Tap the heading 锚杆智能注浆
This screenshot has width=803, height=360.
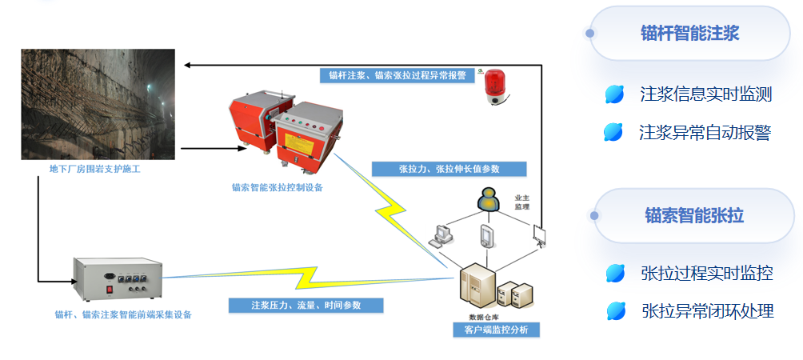(x=689, y=33)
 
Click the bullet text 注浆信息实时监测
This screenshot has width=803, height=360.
(x=705, y=94)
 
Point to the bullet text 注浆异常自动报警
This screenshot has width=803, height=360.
(x=705, y=132)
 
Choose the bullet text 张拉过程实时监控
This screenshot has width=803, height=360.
(x=706, y=273)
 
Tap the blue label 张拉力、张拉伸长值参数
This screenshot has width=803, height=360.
(x=449, y=169)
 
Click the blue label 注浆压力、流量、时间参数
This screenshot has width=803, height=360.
(x=306, y=306)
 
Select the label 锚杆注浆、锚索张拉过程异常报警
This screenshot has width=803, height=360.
(x=397, y=76)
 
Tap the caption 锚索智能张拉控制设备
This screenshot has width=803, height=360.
(x=278, y=188)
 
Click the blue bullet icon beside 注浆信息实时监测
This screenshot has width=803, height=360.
(x=614, y=94)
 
